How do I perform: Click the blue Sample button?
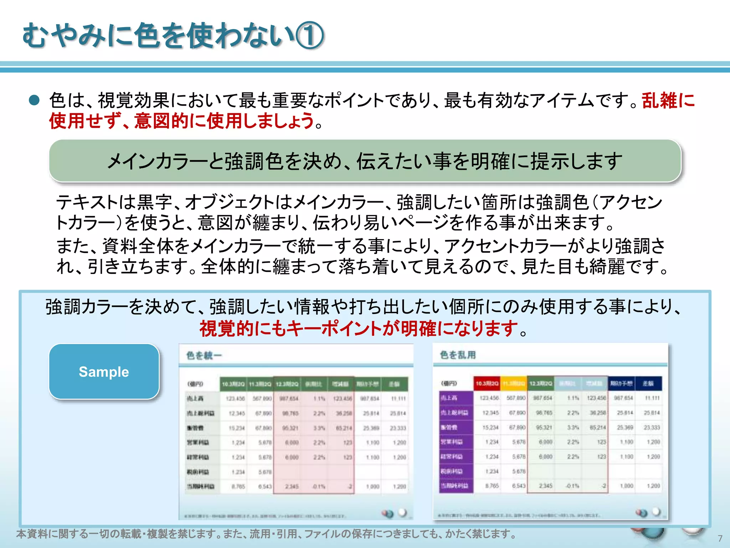(x=104, y=371)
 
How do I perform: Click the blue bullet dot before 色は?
(x=34, y=100)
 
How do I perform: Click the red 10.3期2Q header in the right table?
(x=487, y=383)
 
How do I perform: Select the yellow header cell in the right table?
(x=514, y=383)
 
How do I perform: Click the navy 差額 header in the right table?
(x=648, y=383)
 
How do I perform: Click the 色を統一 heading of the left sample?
(x=204, y=355)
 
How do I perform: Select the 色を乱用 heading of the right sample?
(x=458, y=355)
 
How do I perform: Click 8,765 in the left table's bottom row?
(x=238, y=486)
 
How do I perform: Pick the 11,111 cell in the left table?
(x=399, y=399)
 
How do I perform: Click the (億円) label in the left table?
(x=195, y=384)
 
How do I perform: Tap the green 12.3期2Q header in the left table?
(x=287, y=384)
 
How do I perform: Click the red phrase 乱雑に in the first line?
(x=668, y=100)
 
